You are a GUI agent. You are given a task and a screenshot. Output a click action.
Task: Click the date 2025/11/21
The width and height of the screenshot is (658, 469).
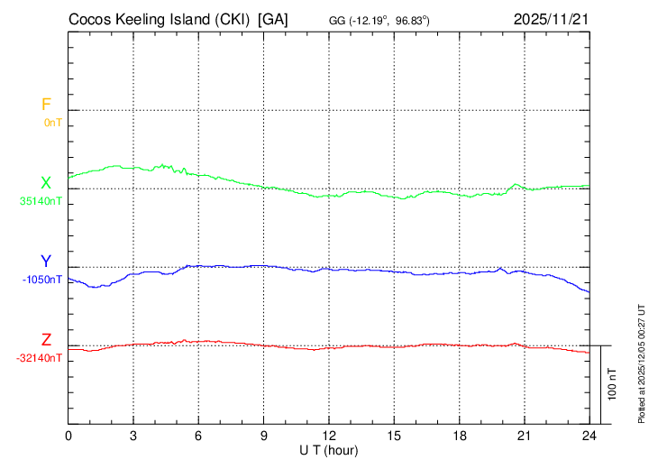[x=550, y=19]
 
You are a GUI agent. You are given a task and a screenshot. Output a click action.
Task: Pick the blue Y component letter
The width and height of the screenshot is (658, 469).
[x=45, y=262]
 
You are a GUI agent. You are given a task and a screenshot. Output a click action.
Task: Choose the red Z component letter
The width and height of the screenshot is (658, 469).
[x=45, y=340]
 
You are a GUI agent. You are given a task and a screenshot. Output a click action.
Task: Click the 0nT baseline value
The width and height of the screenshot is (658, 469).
[x=52, y=122]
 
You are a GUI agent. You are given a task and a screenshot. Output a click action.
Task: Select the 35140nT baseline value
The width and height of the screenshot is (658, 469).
[x=41, y=201]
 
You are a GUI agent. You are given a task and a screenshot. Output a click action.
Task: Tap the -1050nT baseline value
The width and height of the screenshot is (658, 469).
[x=42, y=280]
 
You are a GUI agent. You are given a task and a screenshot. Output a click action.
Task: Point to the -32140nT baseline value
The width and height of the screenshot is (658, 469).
[x=40, y=358]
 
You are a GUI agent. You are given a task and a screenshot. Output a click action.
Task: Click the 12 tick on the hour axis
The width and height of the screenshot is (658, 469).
[x=329, y=436]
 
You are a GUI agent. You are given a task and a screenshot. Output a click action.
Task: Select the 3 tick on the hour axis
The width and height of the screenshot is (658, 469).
[x=133, y=436]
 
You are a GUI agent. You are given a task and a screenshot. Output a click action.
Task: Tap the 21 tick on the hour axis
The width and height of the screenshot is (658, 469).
[x=524, y=436]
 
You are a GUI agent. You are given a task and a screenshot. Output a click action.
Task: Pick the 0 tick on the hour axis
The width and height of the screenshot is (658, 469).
[x=69, y=436]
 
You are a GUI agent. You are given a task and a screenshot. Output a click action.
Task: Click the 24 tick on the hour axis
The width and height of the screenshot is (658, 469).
[x=589, y=436]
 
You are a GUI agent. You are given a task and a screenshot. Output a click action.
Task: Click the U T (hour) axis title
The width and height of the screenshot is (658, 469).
[x=329, y=449]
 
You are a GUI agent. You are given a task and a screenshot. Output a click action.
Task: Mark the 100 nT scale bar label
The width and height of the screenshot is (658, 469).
[x=613, y=384]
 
